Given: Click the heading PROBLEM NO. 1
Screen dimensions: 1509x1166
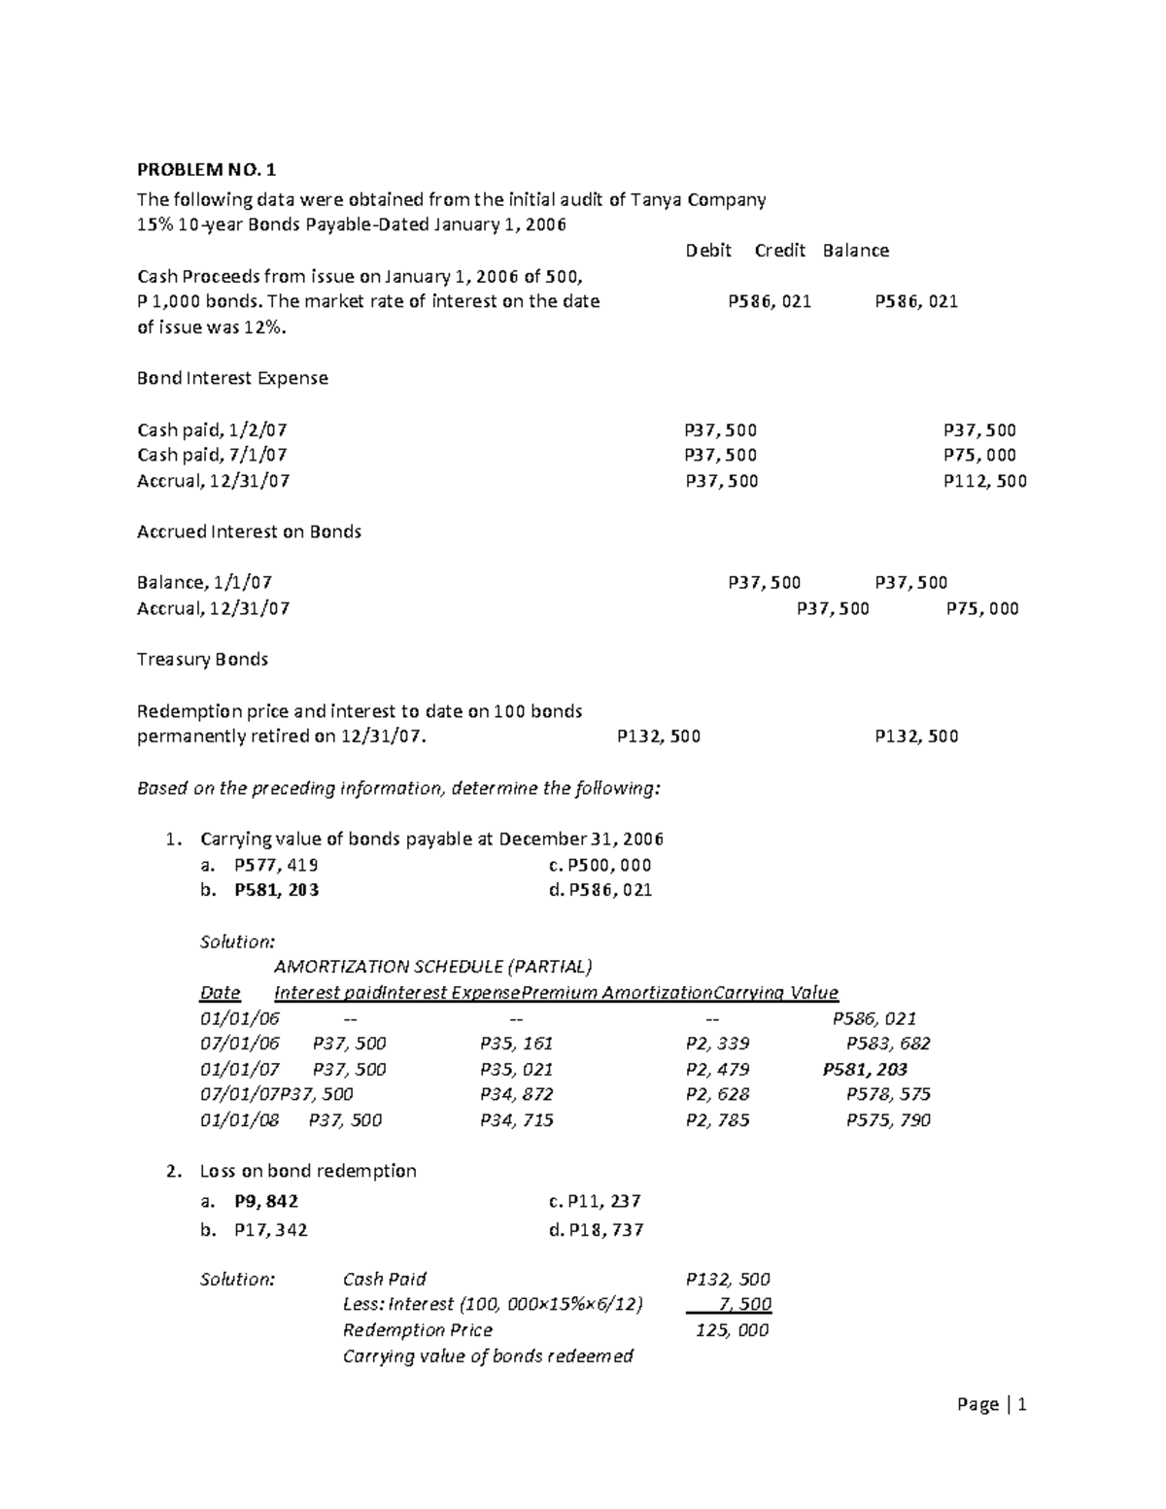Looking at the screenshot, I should click(x=206, y=170).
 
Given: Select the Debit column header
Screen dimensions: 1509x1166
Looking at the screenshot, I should click(x=707, y=251).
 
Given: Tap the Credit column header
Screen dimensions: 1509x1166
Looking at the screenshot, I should click(x=780, y=251).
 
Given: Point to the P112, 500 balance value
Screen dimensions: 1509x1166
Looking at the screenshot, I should click(x=984, y=481).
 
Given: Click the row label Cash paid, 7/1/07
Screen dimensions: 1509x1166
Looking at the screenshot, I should click(x=212, y=455).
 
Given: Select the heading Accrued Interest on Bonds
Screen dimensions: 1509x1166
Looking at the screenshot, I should click(x=249, y=532).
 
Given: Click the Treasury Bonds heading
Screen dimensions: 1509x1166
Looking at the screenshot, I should click(x=202, y=659).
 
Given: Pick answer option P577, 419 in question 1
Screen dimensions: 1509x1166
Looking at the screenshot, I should click(x=276, y=865).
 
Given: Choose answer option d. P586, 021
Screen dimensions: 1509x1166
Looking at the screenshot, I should click(x=600, y=890).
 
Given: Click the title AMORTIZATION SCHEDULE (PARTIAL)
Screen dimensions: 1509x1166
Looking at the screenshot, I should click(x=432, y=967).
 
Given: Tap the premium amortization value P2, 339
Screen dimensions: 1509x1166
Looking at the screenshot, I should click(x=717, y=1044).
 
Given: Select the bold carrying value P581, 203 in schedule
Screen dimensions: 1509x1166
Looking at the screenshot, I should click(x=865, y=1069).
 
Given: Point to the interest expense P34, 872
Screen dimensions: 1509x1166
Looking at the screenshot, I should click(x=516, y=1094).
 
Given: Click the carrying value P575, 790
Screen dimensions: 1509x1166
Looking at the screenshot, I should click(x=887, y=1120).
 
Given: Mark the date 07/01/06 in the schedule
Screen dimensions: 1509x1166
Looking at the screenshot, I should click(x=239, y=1044).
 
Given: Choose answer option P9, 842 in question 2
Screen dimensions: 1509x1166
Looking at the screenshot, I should click(x=266, y=1201).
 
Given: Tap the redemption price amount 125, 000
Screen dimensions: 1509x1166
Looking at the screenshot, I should click(x=732, y=1330).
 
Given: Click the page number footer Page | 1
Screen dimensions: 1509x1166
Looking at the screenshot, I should click(x=991, y=1404).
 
